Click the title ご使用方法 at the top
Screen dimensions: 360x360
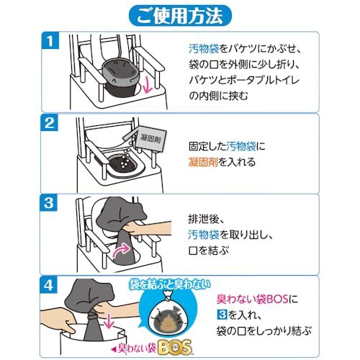(x=180, y=17)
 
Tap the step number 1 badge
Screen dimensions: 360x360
(x=50, y=41)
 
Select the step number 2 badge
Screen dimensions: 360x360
(x=50, y=123)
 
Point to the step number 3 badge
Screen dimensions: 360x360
(x=49, y=203)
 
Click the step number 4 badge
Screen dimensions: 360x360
(x=49, y=285)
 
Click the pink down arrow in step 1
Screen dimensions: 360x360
(x=148, y=86)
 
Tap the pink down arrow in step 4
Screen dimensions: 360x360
(x=109, y=321)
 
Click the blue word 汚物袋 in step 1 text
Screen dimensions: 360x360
(x=204, y=49)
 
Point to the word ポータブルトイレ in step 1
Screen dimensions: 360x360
(x=253, y=80)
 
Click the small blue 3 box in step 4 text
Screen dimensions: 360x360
(x=222, y=315)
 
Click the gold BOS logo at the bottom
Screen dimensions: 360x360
(x=175, y=347)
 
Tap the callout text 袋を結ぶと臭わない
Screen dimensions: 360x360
(x=170, y=285)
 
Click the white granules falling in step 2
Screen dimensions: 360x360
(x=126, y=153)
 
